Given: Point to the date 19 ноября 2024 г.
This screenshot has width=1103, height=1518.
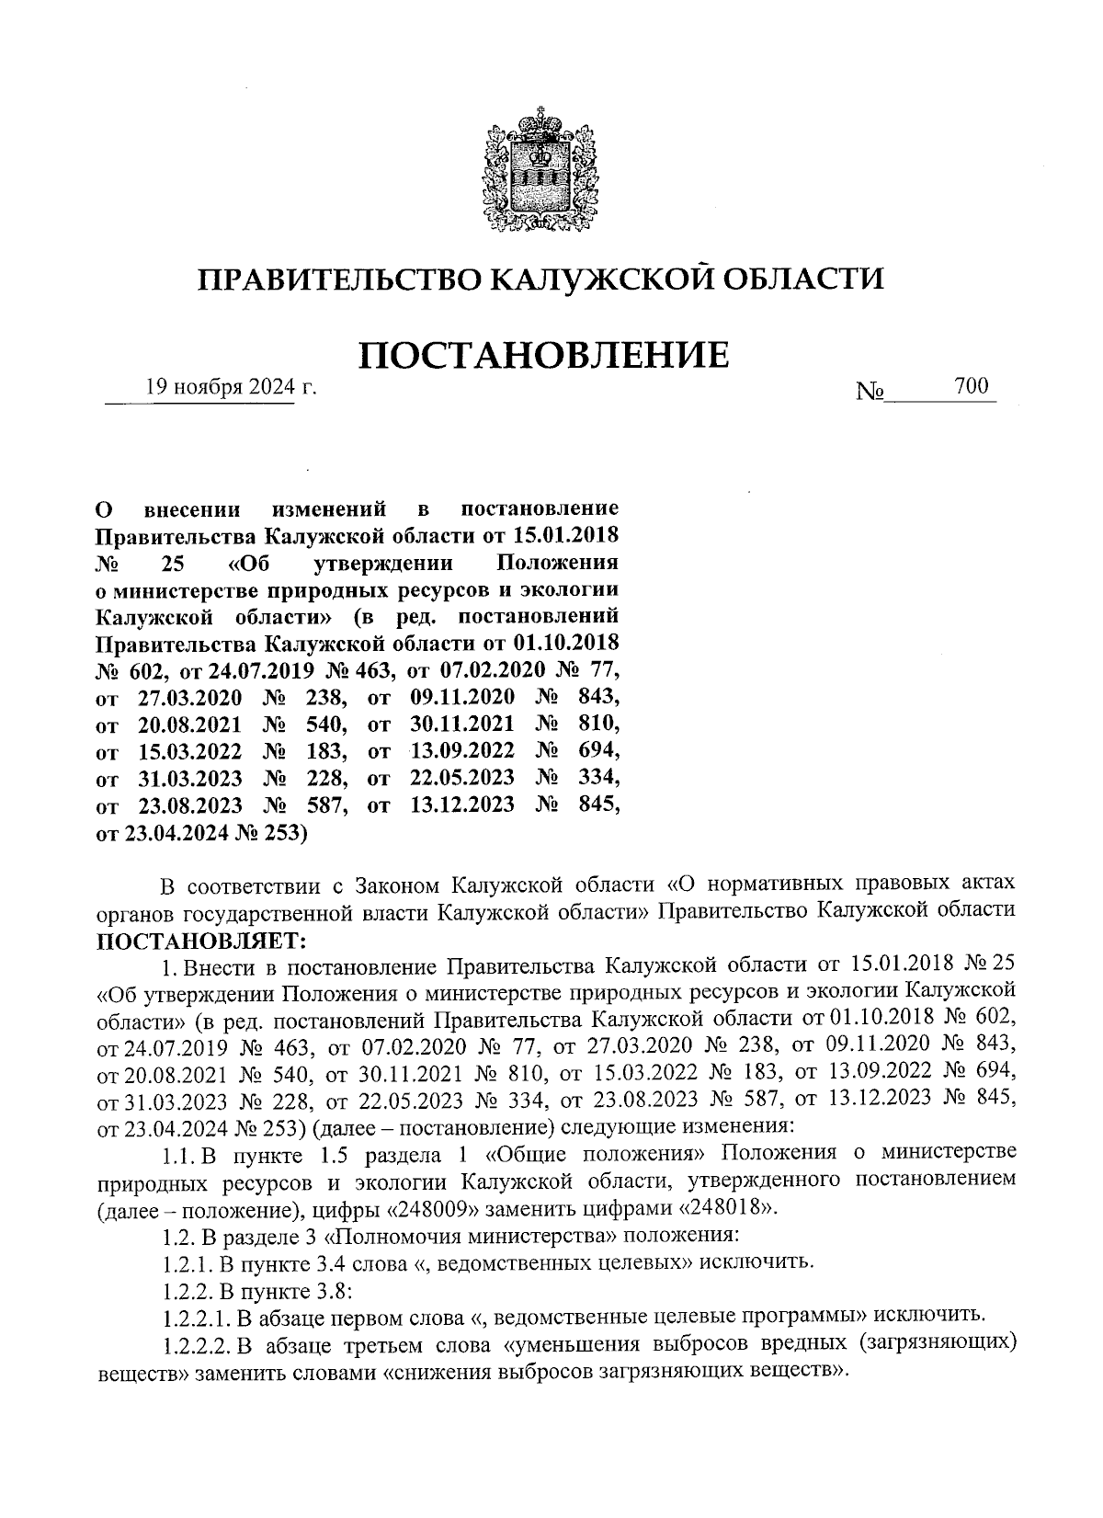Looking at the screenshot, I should click(231, 388).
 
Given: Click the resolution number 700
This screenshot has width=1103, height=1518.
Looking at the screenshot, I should click(971, 386).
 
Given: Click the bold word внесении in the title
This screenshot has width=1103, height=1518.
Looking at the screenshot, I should click(193, 508).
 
